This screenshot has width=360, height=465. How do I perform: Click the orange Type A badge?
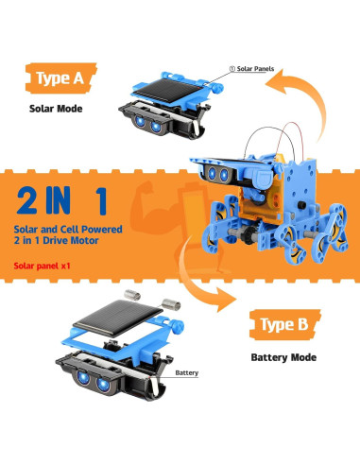coord(60,77)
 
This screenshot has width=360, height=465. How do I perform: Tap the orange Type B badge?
coord(284,324)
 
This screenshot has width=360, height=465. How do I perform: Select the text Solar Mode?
coord(56,109)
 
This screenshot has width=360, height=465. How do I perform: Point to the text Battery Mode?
coord(283,357)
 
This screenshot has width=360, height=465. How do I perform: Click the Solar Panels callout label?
coord(251,69)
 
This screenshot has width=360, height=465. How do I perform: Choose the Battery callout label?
coord(187,373)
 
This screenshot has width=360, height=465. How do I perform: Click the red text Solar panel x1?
coord(42,266)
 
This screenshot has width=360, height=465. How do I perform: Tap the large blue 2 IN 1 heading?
coord(61,200)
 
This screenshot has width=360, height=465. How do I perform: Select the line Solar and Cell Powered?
coord(68,229)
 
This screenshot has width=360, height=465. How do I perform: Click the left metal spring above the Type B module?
coord(132,295)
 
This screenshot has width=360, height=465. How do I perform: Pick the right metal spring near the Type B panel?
coord(171,304)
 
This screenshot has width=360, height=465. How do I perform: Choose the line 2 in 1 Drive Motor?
coord(57,241)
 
